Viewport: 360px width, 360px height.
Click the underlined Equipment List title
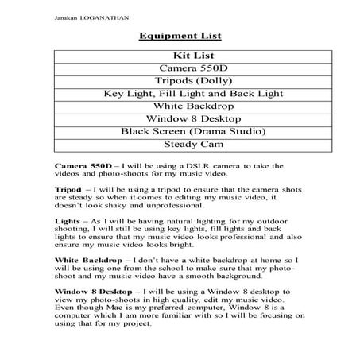click(x=180, y=36)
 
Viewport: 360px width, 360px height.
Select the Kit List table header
click(x=180, y=56)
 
